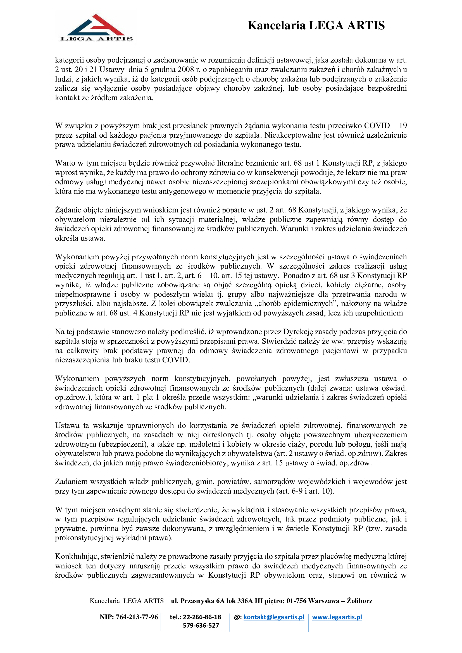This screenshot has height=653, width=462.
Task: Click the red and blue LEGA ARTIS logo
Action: [96, 28]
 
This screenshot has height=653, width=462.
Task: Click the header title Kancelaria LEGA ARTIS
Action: [316, 25]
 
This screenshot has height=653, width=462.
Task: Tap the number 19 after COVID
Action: [403, 125]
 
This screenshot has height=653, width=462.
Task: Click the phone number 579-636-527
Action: [201, 625]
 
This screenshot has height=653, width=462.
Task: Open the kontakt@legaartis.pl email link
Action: [274, 617]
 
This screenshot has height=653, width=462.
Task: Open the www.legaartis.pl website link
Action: [337, 617]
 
